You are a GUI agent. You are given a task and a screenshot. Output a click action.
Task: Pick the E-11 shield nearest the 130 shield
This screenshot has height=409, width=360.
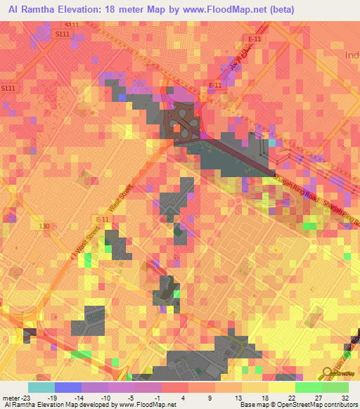pos(103,220)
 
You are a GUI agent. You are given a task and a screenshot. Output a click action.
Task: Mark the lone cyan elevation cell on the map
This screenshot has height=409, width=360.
pos(273,143)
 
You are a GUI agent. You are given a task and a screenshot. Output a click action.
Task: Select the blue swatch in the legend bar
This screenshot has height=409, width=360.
pos(67,387)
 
